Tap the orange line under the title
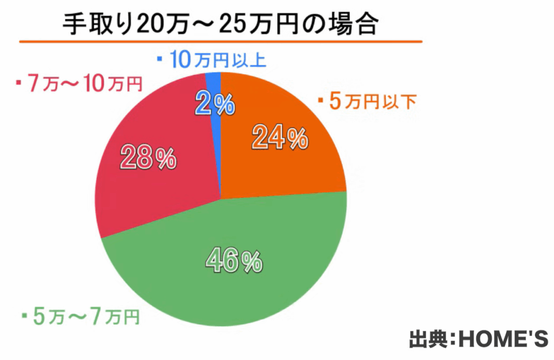click(x=221, y=41)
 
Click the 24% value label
click(x=280, y=139)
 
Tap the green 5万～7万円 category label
click(x=87, y=316)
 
